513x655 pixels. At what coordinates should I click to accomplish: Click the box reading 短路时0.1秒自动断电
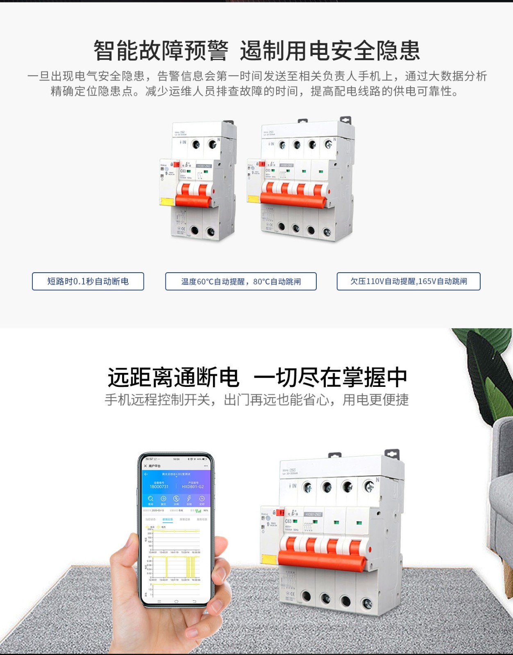coord(88,281)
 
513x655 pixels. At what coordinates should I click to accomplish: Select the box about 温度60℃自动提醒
coord(241,281)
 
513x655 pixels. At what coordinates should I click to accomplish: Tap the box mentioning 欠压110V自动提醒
coord(409,281)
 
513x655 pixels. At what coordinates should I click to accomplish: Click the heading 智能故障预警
coord(161,51)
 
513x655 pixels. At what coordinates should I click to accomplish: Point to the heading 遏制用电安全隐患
coord(330,51)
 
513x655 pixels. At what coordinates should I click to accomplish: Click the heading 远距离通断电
coord(173,377)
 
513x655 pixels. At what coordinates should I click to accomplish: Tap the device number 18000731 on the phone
coord(159,487)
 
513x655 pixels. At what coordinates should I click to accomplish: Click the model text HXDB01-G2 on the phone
coord(193,487)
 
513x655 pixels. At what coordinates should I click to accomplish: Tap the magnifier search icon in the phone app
coord(150,499)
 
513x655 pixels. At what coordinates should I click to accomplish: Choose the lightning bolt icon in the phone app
coord(189,499)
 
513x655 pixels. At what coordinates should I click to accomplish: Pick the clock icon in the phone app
coord(202,499)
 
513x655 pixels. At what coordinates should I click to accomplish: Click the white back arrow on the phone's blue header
coord(146,474)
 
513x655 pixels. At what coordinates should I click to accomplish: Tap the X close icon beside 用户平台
coord(145,466)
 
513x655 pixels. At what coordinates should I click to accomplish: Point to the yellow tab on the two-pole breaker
coord(167,202)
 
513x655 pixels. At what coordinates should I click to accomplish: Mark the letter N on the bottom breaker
coord(377,479)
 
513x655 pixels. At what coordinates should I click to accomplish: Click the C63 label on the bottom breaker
coord(288,521)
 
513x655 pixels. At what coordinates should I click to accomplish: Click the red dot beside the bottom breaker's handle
coord(370,549)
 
